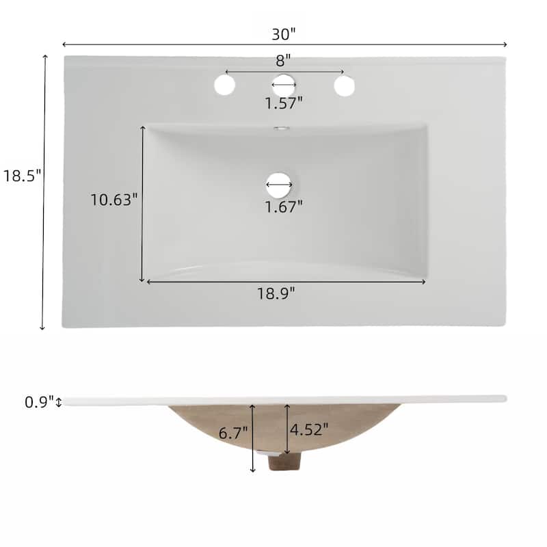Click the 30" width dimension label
click(x=283, y=34)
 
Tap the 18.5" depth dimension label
click(x=23, y=175)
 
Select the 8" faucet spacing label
click(x=283, y=61)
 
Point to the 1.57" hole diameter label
click(x=284, y=103)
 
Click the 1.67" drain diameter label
click(x=284, y=206)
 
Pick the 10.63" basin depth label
click(x=114, y=200)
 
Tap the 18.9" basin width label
click(x=276, y=293)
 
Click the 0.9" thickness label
click(x=40, y=402)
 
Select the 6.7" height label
click(x=233, y=433)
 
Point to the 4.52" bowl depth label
click(x=309, y=429)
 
